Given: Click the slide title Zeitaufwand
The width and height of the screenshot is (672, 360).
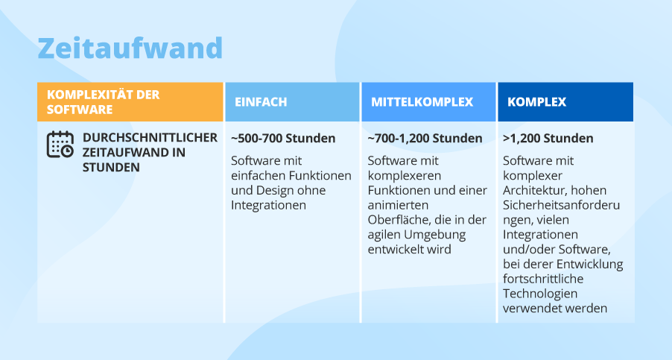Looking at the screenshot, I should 130,48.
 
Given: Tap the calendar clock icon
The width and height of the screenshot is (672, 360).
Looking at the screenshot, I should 60,145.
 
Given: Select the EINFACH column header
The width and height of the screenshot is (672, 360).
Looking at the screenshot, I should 261,102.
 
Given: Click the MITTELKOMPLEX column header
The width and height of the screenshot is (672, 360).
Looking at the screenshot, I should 422,102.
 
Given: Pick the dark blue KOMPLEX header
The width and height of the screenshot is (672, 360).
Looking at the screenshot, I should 536,102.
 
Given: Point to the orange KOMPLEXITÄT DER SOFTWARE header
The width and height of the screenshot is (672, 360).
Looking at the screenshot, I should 103,102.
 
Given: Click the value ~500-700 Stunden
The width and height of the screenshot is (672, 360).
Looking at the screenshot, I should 283,139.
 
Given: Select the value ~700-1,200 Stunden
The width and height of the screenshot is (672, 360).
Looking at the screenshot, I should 425,139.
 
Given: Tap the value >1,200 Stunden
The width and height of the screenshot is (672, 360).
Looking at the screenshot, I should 548,139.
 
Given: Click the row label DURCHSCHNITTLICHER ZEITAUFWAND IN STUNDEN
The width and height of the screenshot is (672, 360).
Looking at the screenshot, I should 150,152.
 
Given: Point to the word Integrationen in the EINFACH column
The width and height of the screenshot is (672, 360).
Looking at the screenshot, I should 269,205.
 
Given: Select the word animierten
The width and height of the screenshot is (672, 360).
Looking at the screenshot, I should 397,205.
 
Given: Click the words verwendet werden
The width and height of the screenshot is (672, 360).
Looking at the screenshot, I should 555,308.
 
